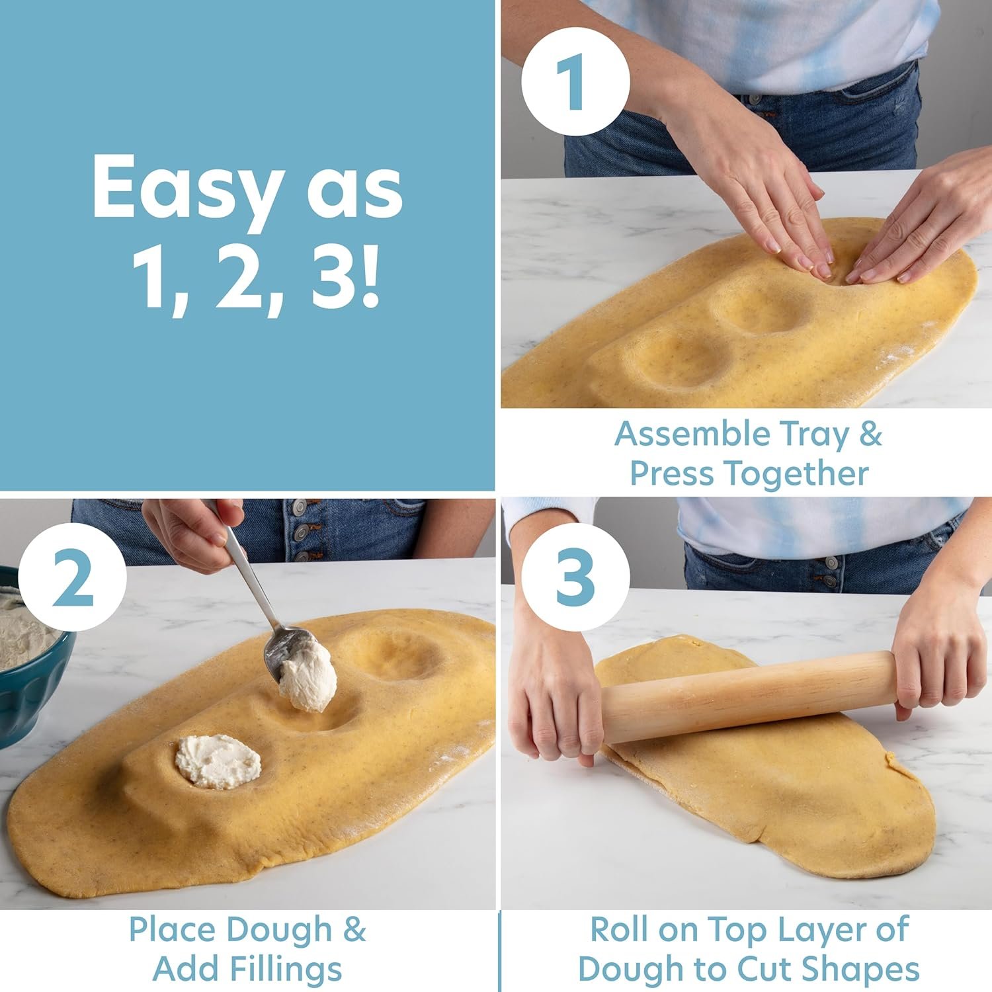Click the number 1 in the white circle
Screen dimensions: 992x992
pos(575,82)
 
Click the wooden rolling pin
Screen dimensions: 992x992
pos(747,694)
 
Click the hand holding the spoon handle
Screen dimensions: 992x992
pos(192,529)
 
